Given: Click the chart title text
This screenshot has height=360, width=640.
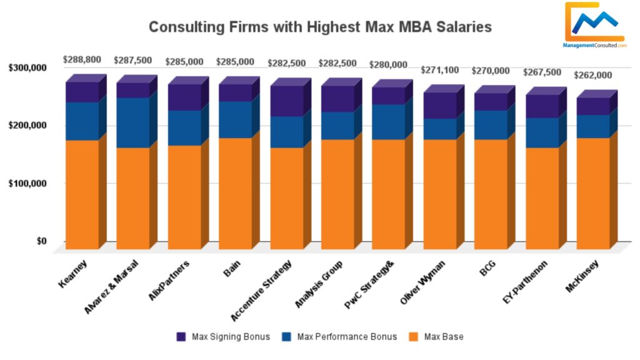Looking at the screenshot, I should coord(320,27).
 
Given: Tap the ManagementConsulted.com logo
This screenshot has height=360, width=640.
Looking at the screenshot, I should coord(594,26).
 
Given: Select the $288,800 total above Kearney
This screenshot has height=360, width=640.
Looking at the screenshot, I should coord(82,60).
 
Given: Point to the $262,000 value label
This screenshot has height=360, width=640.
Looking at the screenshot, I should coord(594,75).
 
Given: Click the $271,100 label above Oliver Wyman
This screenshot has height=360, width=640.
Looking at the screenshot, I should coord(441,71).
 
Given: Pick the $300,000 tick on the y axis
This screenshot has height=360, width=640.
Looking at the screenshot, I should coord(28,67).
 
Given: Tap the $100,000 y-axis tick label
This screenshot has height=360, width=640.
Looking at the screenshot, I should coord(28,184).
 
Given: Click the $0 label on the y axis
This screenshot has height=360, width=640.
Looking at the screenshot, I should coord(41,241).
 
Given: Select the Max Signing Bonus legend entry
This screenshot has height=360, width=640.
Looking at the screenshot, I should coord(224,337).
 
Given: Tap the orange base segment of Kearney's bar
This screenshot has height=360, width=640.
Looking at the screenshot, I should coord(82,194).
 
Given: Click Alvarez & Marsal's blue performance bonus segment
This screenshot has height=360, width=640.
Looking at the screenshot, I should coord(132,122).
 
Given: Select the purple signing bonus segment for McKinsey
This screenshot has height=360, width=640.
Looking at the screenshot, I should coord(592,106).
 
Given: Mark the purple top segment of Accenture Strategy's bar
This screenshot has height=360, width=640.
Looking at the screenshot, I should coord(286,101).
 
